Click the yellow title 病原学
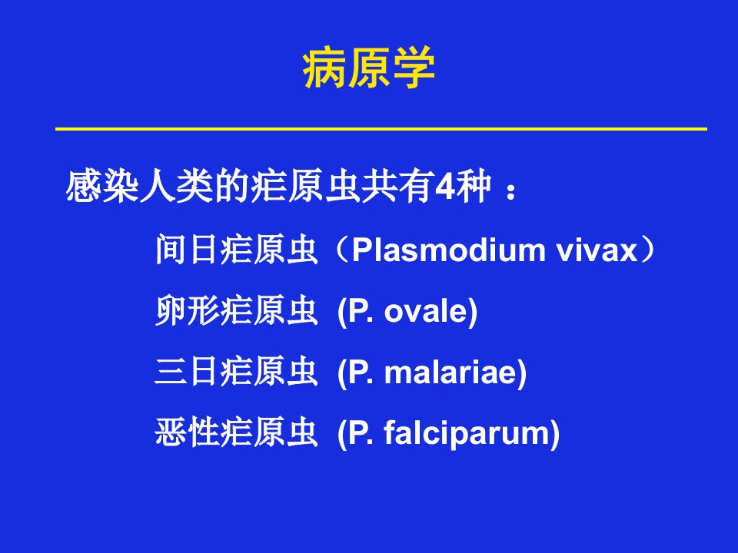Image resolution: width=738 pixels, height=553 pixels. click(368, 68)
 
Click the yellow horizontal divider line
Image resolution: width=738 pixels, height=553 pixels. click(381, 128)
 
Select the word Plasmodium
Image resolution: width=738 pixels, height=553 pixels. click(448, 250)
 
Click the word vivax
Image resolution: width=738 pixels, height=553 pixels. click(597, 250)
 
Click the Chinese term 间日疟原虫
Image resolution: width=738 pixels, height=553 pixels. click(236, 249)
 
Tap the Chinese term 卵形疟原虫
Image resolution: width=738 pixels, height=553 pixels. click(236, 310)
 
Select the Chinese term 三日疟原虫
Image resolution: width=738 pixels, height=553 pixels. click(236, 372)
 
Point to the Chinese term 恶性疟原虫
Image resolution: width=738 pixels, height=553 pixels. click(236, 432)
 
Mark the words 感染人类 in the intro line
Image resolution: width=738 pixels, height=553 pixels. click(139, 186)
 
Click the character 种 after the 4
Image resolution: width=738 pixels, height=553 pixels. click(474, 186)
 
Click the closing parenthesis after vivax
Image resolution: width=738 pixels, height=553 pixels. click(648, 250)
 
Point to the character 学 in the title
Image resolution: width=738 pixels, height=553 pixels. click(414, 68)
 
